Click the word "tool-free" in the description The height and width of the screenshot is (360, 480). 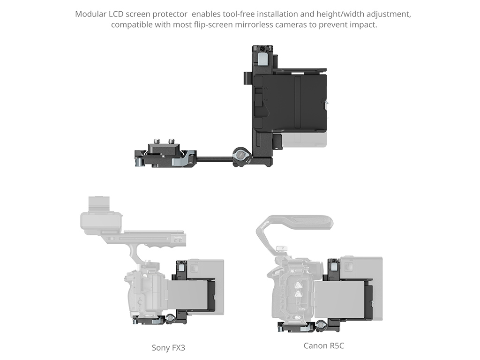click(239, 14)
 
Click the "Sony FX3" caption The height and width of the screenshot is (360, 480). click(168, 348)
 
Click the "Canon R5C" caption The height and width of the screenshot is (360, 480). click(323, 345)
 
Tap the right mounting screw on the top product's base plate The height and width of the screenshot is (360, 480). click(171, 141)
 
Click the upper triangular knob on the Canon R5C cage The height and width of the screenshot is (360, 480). click(297, 285)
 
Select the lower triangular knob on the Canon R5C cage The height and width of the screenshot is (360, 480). click(297, 295)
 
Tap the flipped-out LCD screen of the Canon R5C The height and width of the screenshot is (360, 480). click(339, 300)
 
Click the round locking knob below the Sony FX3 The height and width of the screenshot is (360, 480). click(170, 320)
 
